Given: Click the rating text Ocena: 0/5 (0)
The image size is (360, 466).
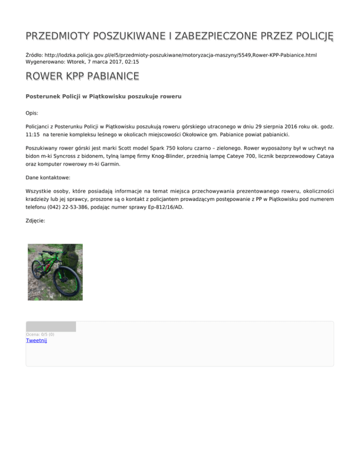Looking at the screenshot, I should pos(40,334).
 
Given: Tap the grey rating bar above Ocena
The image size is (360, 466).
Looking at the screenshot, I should pos(51,327).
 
